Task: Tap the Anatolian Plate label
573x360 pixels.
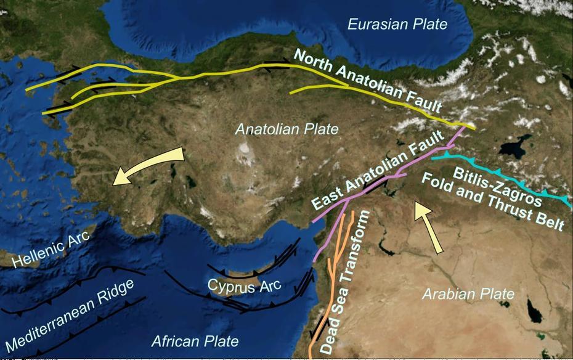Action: point(287,129)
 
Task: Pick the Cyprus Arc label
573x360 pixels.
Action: point(244,285)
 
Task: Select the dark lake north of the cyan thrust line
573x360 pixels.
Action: point(513,148)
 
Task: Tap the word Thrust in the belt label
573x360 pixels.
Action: point(509,215)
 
